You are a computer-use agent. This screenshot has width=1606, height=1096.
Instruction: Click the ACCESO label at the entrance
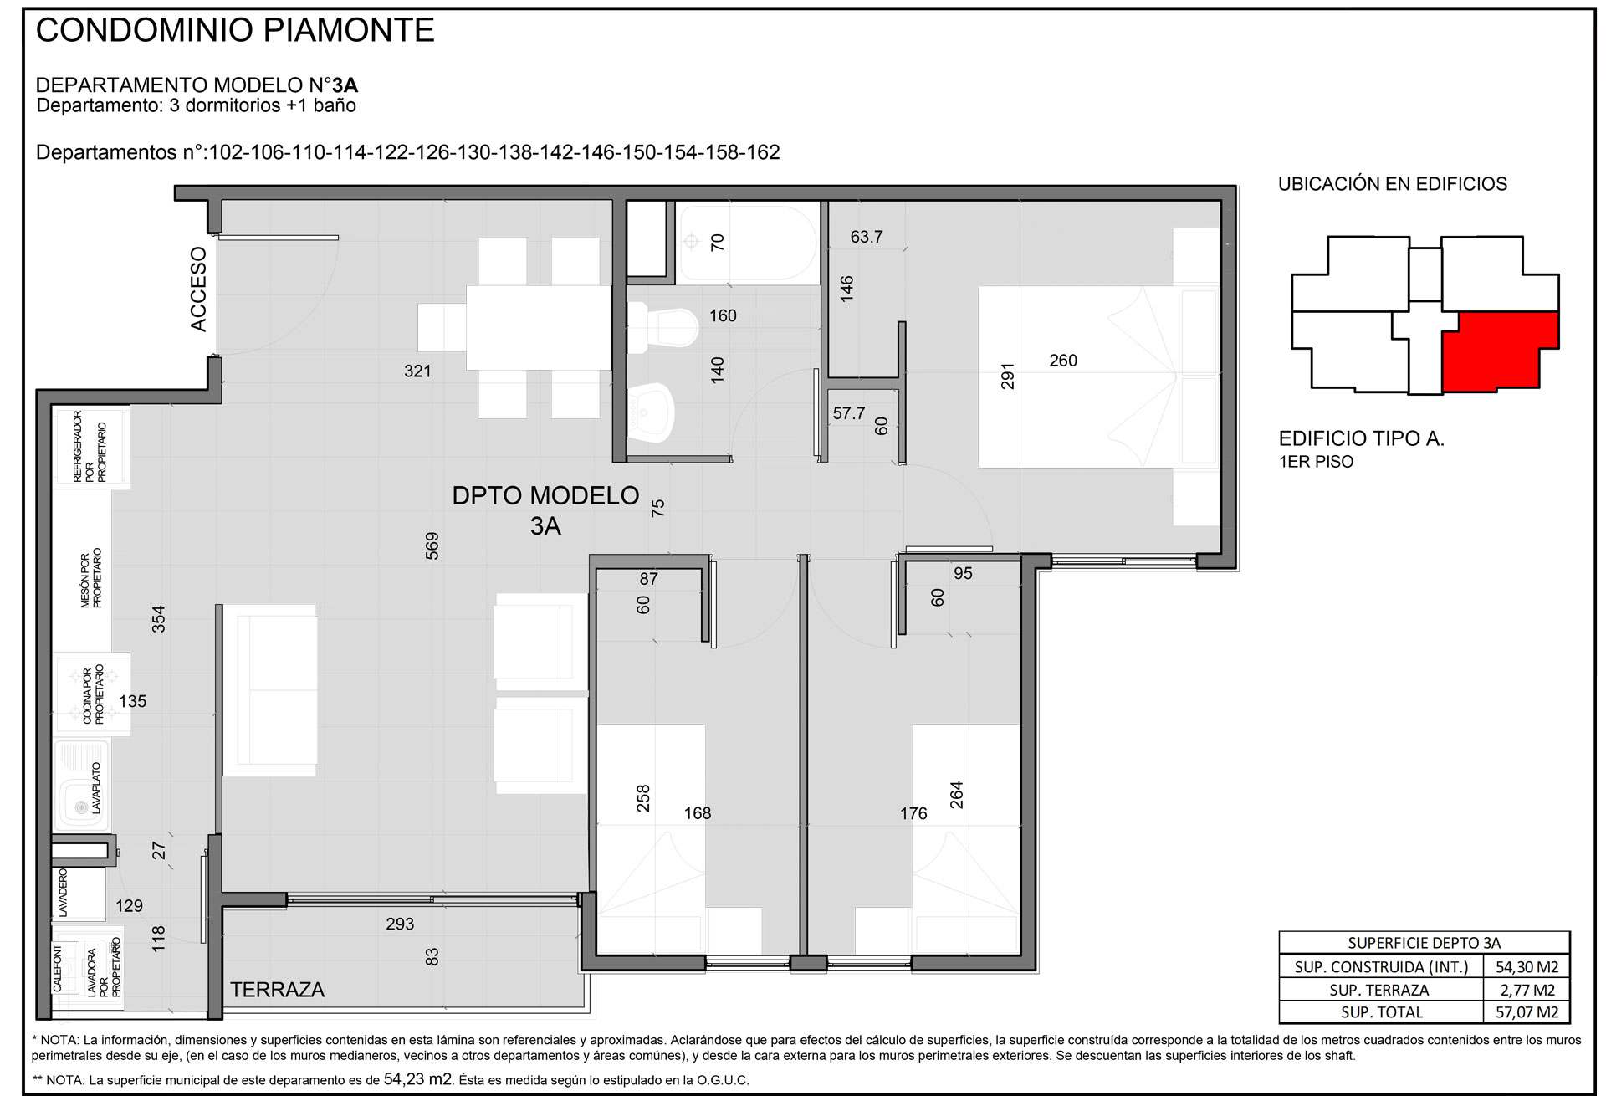coord(198,289)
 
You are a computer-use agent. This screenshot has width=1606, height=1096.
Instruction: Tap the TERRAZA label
coord(277,990)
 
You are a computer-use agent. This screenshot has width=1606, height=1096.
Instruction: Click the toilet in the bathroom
coord(662,325)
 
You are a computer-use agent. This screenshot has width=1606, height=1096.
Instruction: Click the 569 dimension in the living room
coord(432,546)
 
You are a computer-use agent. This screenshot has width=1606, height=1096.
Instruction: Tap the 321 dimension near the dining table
coord(417,371)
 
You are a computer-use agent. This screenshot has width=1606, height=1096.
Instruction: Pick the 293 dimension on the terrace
coord(400,924)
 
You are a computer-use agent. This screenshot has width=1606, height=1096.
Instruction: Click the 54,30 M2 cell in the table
coord(1527,967)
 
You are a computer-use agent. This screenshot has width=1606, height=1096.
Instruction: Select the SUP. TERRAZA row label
coord(1379,990)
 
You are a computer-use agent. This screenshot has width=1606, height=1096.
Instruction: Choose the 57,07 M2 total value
coord(1527,1012)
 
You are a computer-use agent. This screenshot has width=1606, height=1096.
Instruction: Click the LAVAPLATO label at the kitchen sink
coord(96,788)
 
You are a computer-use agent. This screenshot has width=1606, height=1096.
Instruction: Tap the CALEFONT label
coord(58,969)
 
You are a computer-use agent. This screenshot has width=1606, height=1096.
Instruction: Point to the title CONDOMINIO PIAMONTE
coord(235,30)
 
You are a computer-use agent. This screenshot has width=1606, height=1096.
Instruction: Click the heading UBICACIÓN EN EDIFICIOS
coord(1393,184)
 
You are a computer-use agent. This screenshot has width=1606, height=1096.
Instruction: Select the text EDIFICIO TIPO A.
coord(1362,438)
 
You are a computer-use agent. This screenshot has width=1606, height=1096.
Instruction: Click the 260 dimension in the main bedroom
coord(1063,361)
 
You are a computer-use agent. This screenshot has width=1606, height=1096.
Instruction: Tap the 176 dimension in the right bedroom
coord(913,813)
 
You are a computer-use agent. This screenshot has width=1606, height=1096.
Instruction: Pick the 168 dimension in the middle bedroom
coord(698,813)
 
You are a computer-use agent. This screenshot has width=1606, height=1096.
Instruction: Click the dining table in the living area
coord(538,327)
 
